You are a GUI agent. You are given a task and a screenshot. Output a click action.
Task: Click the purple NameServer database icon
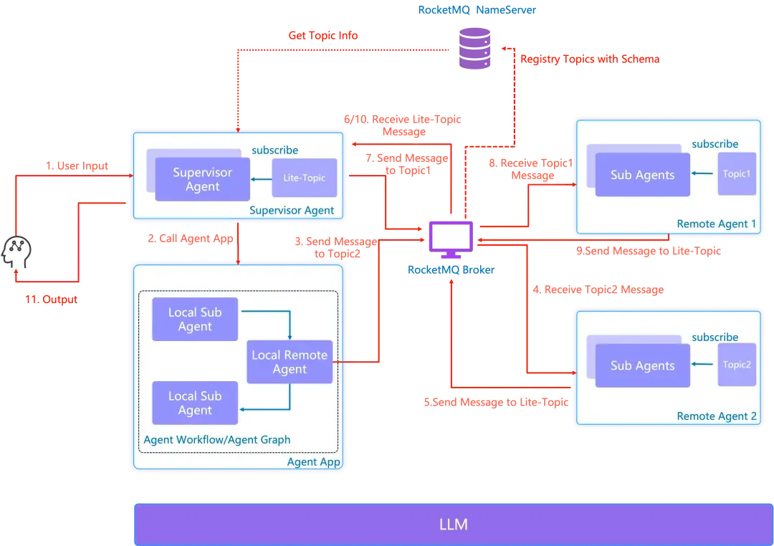point(475,48)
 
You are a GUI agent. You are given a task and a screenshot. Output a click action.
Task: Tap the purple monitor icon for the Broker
point(450,239)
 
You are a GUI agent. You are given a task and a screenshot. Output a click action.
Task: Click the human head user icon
point(16,252)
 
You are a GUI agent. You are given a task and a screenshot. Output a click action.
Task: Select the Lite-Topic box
point(304,178)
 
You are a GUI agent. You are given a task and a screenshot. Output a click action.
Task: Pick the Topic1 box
point(737,174)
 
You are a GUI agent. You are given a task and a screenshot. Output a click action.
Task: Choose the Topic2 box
point(737,365)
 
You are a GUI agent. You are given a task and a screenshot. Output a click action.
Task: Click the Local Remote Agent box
point(290,362)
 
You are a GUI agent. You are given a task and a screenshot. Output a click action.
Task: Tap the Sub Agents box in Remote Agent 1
point(642,175)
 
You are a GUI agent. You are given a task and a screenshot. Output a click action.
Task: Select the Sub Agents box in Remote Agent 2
point(642,365)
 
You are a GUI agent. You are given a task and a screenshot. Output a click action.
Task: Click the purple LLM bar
point(453,525)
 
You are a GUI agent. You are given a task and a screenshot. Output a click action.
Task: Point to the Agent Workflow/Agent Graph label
point(217,440)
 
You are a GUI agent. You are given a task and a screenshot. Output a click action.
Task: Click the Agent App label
point(313,461)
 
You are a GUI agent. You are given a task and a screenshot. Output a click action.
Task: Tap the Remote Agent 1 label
point(716,224)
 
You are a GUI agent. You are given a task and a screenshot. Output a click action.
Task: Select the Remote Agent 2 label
point(716,416)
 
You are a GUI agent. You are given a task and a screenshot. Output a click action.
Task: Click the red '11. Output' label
point(52,299)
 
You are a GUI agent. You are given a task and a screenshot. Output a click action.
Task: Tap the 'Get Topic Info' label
point(323,34)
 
